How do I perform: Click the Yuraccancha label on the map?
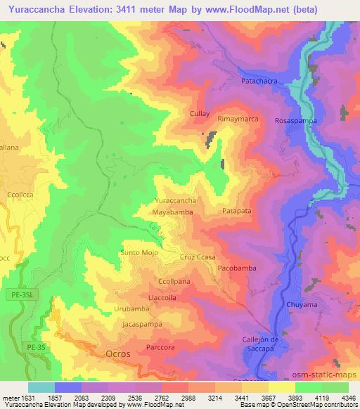click(175, 200)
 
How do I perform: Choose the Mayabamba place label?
click(172, 211)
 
